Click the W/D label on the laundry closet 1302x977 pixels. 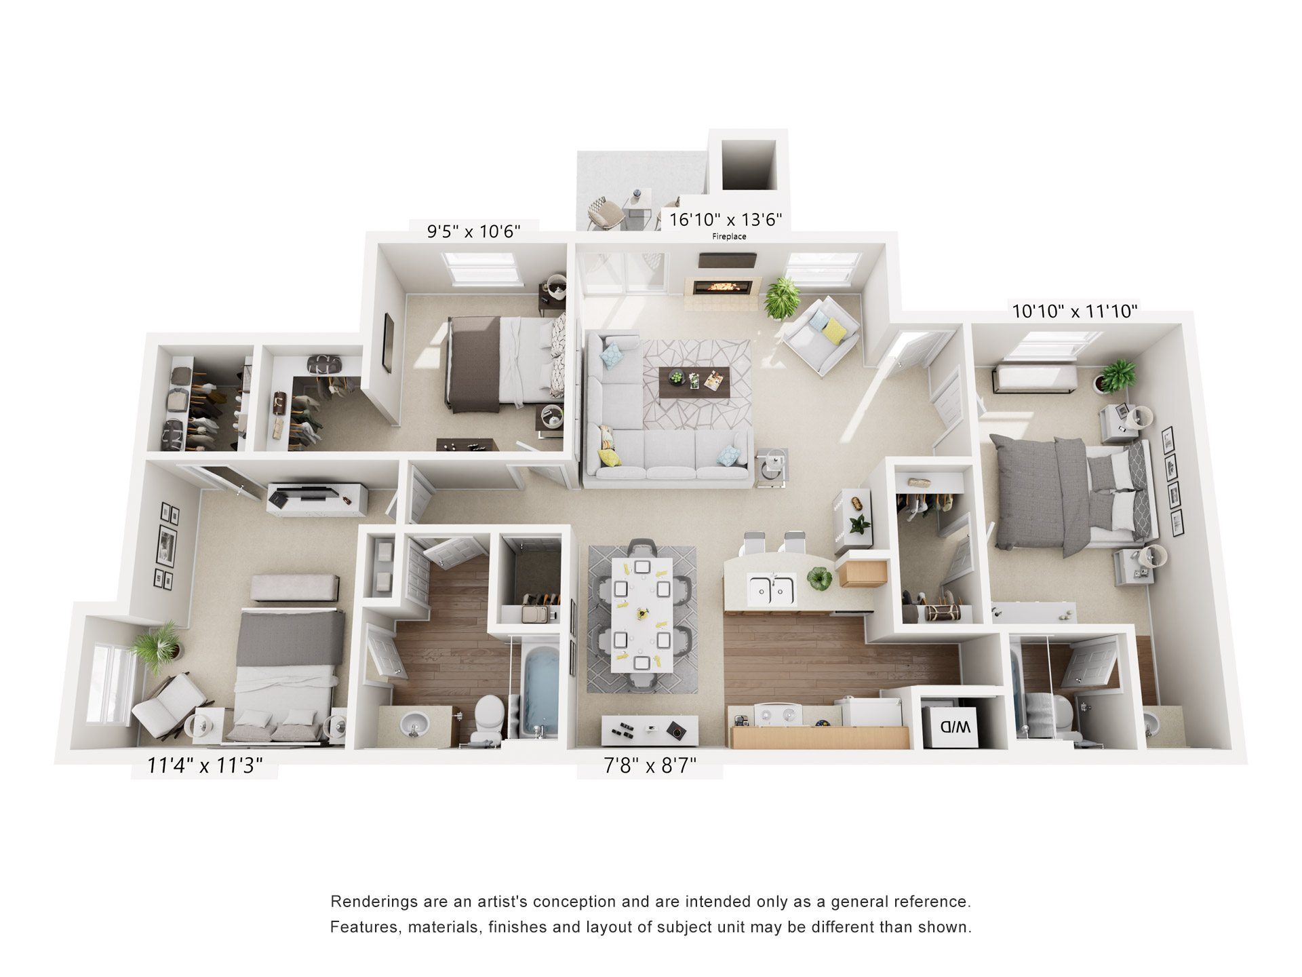point(954,727)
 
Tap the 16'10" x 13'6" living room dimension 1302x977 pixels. point(726,219)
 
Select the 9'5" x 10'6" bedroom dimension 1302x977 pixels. point(473,231)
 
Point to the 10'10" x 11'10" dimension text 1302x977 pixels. point(1074,311)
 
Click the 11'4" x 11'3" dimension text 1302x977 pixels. point(205,765)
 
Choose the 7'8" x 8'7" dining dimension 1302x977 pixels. point(650,765)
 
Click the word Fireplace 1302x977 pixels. point(729,237)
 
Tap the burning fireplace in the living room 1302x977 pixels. point(722,288)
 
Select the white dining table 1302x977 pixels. point(642,614)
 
